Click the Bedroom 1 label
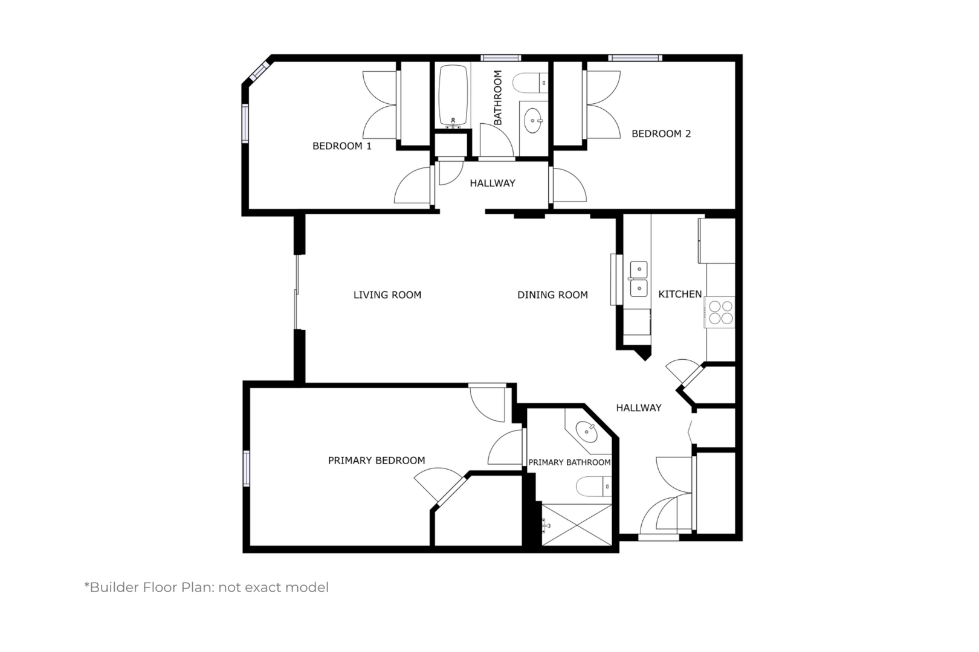point(342,146)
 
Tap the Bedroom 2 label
point(661,133)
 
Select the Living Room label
point(387,295)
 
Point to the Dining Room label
point(552,295)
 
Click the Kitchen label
point(680,295)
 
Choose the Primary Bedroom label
point(376,460)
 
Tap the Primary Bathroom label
point(569,462)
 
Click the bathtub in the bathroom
point(453,97)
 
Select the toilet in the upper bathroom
point(530,83)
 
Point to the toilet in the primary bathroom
point(593,487)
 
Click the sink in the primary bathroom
point(587,432)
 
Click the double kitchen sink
point(639,279)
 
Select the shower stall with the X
point(577,525)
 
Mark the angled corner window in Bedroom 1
point(259,72)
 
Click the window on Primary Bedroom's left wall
point(247,468)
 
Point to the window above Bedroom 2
point(635,58)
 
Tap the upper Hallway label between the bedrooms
point(493,184)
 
